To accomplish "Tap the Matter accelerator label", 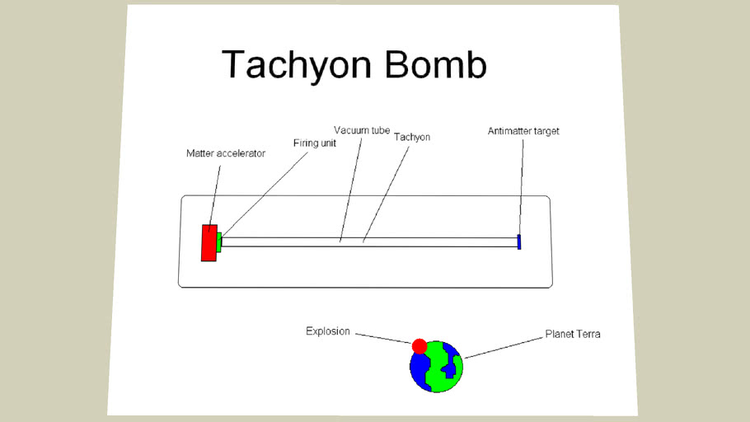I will (x=226, y=153).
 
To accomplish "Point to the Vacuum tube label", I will (x=362, y=130).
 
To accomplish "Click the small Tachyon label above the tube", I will (x=412, y=137).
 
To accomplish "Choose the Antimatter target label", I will (x=523, y=131).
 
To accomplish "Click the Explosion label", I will (x=328, y=331).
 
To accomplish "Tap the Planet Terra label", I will (x=573, y=335).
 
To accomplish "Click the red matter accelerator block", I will (x=209, y=243).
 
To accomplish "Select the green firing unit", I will (x=219, y=241).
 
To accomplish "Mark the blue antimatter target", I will (x=519, y=241).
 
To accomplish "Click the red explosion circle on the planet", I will (x=420, y=345).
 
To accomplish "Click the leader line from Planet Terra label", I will (x=503, y=347).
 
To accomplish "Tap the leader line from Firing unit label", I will (x=264, y=190).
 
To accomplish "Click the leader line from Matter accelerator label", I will (x=216, y=194).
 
